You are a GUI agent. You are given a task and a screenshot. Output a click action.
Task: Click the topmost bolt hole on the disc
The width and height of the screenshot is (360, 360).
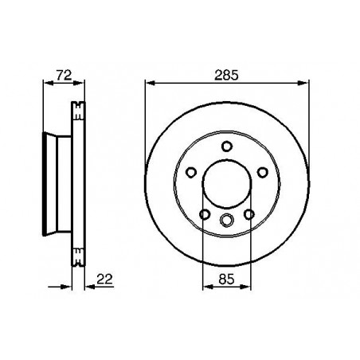click(x=227, y=145)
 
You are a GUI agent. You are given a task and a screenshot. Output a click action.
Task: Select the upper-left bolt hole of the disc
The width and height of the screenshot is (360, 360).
click(x=192, y=171)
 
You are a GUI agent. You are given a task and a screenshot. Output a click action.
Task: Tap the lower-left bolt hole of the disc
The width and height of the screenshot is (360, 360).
click(x=205, y=213)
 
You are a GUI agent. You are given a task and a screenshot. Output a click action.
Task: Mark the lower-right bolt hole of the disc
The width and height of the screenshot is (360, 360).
click(x=249, y=213)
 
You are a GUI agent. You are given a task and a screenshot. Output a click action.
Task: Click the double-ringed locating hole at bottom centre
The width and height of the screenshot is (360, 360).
click(x=227, y=221)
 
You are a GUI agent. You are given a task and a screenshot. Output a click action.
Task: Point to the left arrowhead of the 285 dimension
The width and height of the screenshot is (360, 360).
click(x=149, y=81)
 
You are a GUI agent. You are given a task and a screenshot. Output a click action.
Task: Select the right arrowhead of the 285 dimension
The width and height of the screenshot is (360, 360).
click(x=305, y=81)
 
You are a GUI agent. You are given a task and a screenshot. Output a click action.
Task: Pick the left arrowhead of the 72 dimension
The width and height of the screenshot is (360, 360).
click(x=41, y=81)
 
